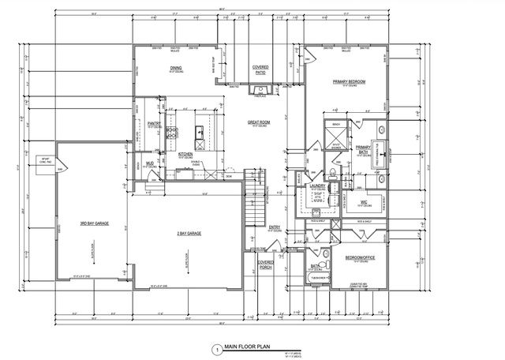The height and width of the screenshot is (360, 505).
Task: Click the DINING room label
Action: (x=176, y=68)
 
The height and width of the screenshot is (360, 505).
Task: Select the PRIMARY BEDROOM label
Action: (x=349, y=81)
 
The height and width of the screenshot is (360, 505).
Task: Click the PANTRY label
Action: (x=155, y=124)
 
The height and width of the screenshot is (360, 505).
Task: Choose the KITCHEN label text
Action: (x=185, y=155)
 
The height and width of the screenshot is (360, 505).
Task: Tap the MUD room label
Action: (x=149, y=164)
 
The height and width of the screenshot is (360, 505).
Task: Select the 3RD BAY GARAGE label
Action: (x=94, y=225)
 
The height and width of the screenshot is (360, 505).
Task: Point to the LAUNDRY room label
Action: (x=318, y=186)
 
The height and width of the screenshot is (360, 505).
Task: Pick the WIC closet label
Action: (x=365, y=202)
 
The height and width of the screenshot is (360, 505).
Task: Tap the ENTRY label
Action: (x=275, y=228)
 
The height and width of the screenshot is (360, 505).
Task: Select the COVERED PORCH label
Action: (x=266, y=264)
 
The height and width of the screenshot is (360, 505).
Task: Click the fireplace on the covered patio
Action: (x=260, y=92)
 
